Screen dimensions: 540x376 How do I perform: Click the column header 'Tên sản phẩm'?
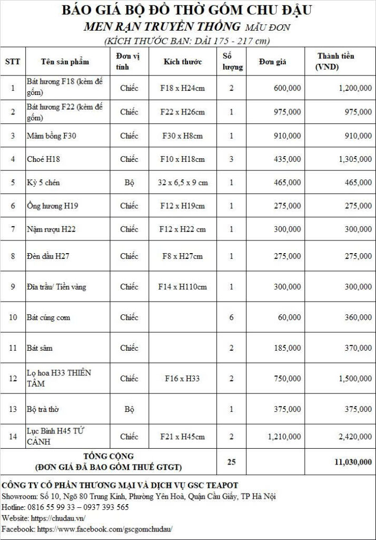pos(65,62)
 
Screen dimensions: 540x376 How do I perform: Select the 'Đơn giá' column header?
pos(272,62)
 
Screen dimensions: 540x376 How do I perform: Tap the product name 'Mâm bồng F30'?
pos(52,136)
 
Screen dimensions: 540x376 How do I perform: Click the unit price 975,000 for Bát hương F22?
pos(288,112)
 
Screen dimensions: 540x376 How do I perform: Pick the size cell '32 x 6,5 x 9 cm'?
pos(183,182)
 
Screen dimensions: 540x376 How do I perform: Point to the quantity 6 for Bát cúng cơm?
pos(231,317)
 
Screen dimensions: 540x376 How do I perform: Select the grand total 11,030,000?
pos(353,462)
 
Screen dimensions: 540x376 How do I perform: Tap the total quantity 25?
pos(231,462)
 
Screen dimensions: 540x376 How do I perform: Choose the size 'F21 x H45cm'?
pos(183,437)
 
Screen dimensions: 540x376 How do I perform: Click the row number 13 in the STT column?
pos(13,409)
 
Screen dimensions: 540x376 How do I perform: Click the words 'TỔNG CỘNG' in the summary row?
pos(108,456)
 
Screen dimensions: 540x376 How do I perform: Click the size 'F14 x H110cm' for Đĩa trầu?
pos(183,287)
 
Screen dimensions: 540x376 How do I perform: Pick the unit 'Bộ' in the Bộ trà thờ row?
pos(129,409)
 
